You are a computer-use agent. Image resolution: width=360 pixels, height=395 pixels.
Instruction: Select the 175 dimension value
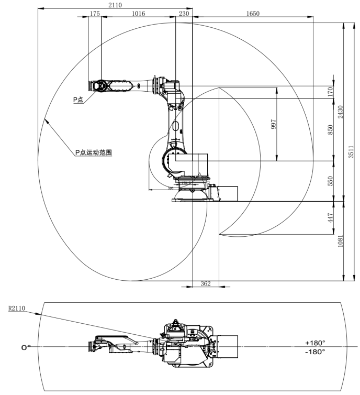tap(95, 14)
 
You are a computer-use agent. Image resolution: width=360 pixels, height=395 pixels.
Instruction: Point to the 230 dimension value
tap(184, 14)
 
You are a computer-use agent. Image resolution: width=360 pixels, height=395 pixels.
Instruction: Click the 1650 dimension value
tap(253, 14)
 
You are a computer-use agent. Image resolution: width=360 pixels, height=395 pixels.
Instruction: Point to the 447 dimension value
tap(330, 217)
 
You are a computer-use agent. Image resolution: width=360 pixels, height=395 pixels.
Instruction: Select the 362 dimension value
tap(206, 283)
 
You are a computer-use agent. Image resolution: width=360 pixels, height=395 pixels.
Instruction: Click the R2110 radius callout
tap(17, 309)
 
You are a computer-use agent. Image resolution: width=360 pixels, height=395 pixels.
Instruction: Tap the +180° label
tap(316, 343)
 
